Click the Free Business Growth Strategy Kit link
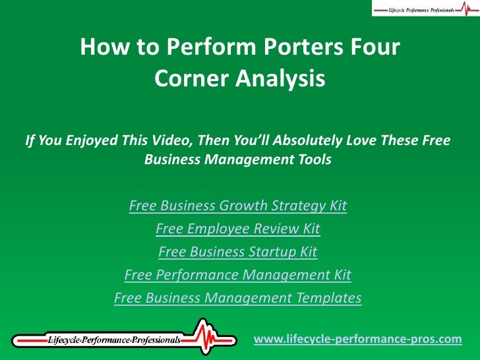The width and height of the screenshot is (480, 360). (238, 206)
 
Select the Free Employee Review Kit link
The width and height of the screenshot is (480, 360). (238, 229)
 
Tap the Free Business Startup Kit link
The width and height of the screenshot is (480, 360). (238, 252)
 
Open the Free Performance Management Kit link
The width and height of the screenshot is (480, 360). (238, 275)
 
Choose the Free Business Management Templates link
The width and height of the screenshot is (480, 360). (238, 298)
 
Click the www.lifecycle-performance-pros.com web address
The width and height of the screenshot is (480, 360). (358, 339)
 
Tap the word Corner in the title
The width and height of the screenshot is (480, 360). (187, 80)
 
